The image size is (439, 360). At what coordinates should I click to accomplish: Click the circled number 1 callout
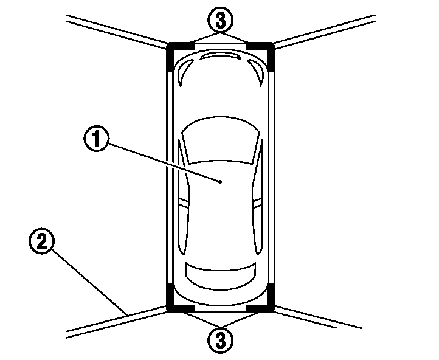pyautogui.click(x=97, y=139)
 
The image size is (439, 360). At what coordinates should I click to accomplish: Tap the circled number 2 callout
pyautogui.click(x=42, y=241)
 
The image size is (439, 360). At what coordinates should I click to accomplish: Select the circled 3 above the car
pyautogui.click(x=220, y=20)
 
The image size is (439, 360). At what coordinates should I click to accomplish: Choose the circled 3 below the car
pyautogui.click(x=220, y=341)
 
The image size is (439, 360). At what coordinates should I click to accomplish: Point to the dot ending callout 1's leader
pyautogui.click(x=220, y=182)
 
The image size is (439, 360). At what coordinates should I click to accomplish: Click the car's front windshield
pyautogui.click(x=221, y=140)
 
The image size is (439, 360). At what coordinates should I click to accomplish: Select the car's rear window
pyautogui.click(x=220, y=275)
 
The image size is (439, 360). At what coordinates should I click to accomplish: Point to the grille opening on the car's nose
pyautogui.click(x=220, y=55)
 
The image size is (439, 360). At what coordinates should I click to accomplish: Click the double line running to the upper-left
pyautogui.click(x=116, y=32)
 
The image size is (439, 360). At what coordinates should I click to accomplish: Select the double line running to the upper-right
pyautogui.click(x=324, y=32)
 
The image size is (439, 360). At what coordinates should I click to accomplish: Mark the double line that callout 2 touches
pyautogui.click(x=116, y=322)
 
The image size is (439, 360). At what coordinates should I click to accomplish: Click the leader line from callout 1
pyautogui.click(x=164, y=162)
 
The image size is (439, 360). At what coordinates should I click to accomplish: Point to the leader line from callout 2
pyautogui.click(x=89, y=282)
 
